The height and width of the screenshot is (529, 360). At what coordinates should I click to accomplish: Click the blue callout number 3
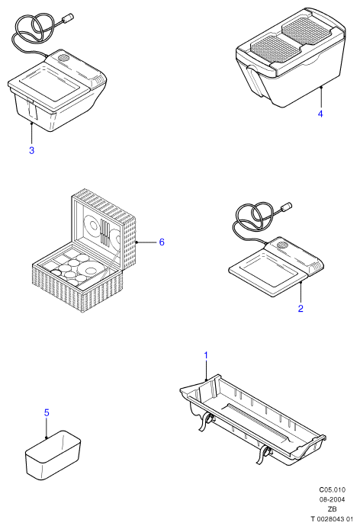32,150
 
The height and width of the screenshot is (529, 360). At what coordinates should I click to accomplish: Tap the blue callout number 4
320,114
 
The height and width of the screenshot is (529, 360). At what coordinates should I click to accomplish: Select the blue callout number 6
162,242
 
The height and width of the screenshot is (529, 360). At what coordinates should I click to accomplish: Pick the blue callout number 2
301,308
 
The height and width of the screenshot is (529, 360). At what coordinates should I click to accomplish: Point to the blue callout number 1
206,355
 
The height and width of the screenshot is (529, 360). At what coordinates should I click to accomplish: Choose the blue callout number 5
47,412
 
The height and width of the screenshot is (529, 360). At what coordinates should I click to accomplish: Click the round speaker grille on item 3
63,57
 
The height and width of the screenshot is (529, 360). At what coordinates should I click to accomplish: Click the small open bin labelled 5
53,455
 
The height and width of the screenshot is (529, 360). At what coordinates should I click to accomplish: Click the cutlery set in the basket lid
105,232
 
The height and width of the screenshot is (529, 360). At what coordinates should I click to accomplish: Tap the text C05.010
333,489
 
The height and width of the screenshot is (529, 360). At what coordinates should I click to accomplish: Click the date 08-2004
333,499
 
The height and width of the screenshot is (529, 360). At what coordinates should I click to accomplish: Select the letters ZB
333,509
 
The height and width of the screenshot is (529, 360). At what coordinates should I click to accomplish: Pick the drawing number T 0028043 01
332,519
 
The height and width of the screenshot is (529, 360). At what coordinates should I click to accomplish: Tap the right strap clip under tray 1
265,453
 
